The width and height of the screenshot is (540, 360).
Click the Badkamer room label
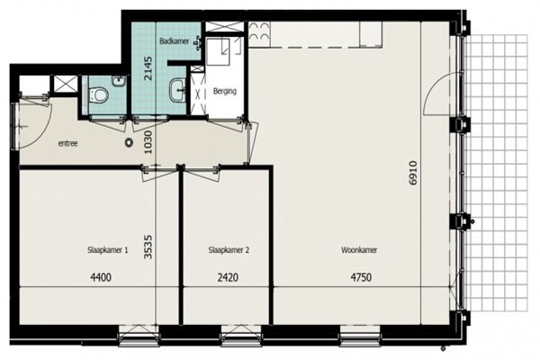click(175, 41)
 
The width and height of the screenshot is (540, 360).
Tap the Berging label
click(224, 91)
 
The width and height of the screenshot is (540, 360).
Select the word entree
click(67, 143)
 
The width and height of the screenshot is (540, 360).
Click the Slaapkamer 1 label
click(108, 250)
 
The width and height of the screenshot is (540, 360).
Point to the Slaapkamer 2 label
click(229, 250)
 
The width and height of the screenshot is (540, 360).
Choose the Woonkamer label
click(359, 250)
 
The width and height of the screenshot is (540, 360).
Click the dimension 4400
click(101, 277)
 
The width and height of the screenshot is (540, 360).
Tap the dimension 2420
click(228, 277)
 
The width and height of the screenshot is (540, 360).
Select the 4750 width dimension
click(361, 277)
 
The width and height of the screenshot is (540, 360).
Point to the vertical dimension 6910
click(413, 173)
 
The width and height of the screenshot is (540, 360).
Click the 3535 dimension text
click(148, 247)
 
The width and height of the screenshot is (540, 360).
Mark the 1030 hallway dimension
click(148, 142)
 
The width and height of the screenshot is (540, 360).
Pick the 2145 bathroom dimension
click(148, 68)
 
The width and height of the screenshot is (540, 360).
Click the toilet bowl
click(98, 94)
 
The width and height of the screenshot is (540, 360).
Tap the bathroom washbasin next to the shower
click(177, 90)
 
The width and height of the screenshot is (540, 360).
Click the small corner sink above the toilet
click(119, 81)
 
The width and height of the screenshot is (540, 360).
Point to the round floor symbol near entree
click(129, 142)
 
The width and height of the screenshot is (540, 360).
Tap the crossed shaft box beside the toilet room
click(66, 84)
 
